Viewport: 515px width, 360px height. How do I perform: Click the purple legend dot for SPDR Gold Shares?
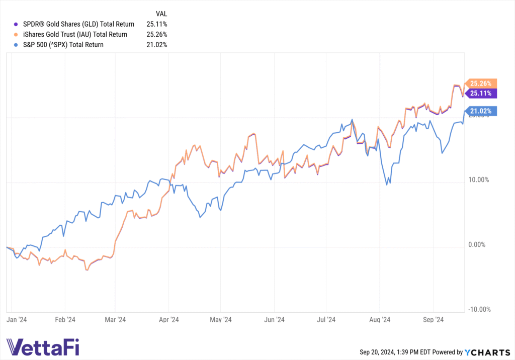(x=16, y=24)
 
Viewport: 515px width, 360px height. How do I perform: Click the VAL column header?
(x=162, y=14)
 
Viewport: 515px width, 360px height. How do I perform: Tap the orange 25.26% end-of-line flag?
(x=481, y=83)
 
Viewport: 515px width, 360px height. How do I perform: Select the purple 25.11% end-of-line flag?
(x=481, y=93)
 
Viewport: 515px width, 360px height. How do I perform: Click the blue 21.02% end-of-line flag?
(x=481, y=111)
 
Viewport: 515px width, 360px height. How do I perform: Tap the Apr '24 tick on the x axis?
(x=169, y=319)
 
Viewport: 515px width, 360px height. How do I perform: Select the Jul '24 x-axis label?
(x=327, y=319)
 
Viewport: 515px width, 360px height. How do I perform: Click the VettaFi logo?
(x=43, y=347)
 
